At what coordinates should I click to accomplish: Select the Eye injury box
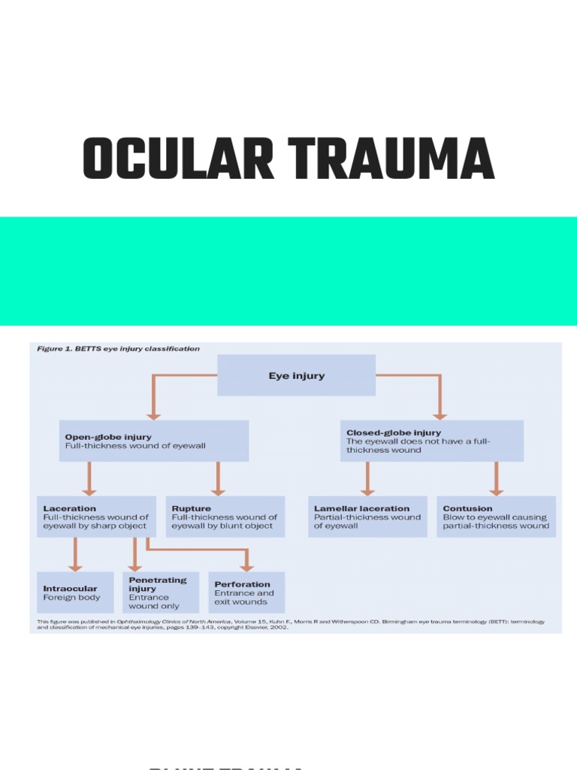tap(297, 375)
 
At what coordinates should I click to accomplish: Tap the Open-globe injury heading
tap(108, 437)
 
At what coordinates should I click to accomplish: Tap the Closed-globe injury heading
tap(394, 433)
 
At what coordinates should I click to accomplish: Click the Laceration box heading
tap(70, 509)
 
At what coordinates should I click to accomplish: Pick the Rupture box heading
tap(192, 509)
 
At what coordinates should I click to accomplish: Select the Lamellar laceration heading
tap(362, 509)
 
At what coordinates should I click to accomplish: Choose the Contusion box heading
tap(468, 509)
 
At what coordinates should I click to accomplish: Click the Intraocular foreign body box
tap(75, 593)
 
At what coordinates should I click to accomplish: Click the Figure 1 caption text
tap(119, 349)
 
